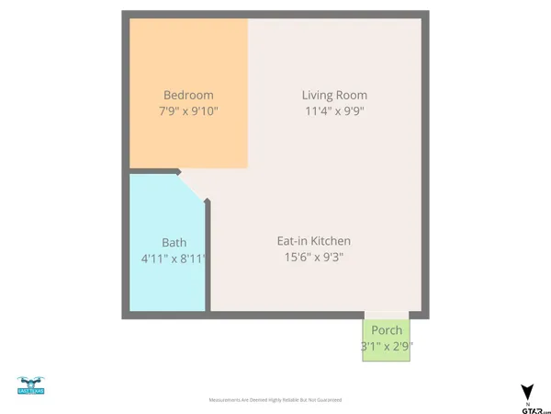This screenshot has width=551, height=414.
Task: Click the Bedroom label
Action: click(188, 95)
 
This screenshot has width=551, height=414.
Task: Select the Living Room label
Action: click(334, 95)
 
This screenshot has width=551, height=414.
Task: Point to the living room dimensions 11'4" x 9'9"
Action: click(334, 111)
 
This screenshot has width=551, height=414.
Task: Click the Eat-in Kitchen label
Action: click(314, 241)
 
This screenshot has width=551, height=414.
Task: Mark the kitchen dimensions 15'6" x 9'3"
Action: click(314, 258)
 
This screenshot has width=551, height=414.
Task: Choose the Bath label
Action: click(174, 244)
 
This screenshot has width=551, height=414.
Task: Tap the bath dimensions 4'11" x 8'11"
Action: click(174, 260)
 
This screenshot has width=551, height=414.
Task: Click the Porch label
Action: click(386, 329)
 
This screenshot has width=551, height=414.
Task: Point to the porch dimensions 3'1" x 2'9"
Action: click(386, 346)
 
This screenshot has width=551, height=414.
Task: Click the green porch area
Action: click(386, 354)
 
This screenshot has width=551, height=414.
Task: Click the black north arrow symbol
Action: click(526, 392)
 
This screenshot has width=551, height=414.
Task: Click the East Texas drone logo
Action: click(30, 385)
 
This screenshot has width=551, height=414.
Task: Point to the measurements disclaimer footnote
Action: click(275, 400)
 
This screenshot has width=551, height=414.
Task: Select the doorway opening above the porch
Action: click(386, 314)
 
